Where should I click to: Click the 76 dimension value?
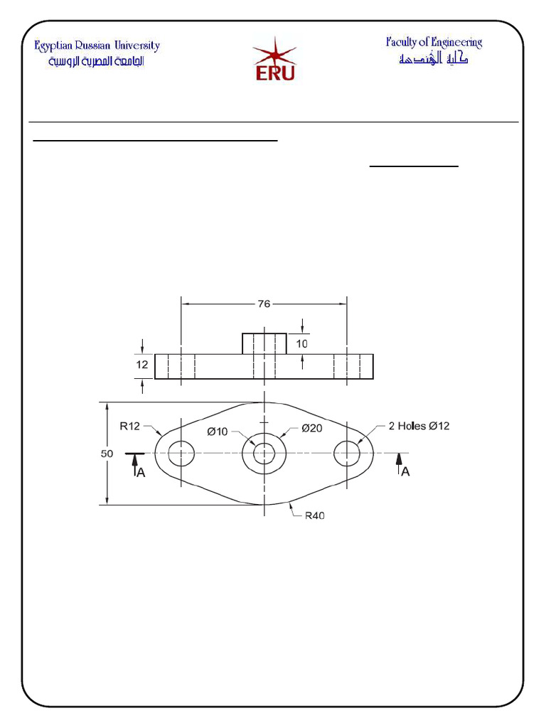point(264,304)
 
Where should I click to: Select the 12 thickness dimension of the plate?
point(142,365)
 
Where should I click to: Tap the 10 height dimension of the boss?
point(302,343)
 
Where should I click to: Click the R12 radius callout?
point(129,427)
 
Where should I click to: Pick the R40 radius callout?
point(315,516)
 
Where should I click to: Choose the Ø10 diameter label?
point(218,431)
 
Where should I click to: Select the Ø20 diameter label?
point(314,428)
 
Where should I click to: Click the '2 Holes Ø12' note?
point(419,427)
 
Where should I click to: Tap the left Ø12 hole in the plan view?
point(181,453)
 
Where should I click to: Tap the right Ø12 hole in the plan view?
point(347,453)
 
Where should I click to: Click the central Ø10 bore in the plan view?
point(264,453)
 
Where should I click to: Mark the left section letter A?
point(141,473)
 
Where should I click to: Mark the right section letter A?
point(405,471)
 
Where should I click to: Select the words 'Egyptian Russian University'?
point(97,46)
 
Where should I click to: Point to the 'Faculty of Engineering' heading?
point(434,42)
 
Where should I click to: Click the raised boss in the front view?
point(264,343)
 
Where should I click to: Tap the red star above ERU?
point(269,50)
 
